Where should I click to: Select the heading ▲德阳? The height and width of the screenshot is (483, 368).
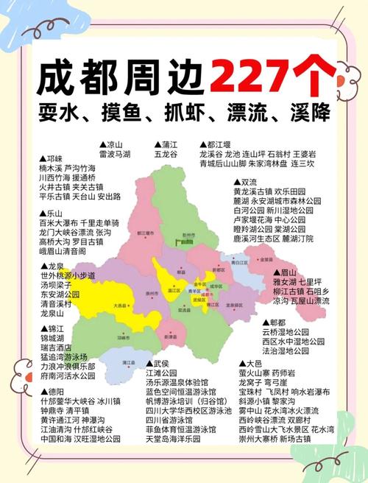click(52, 392)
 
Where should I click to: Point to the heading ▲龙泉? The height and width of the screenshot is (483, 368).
click(52, 266)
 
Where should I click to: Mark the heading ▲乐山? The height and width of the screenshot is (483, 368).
click(52, 213)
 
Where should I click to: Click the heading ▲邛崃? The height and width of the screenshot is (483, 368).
click(52, 159)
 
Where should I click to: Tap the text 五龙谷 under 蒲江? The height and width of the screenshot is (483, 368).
click(166, 155)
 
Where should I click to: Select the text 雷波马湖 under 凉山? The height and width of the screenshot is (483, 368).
click(117, 155)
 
